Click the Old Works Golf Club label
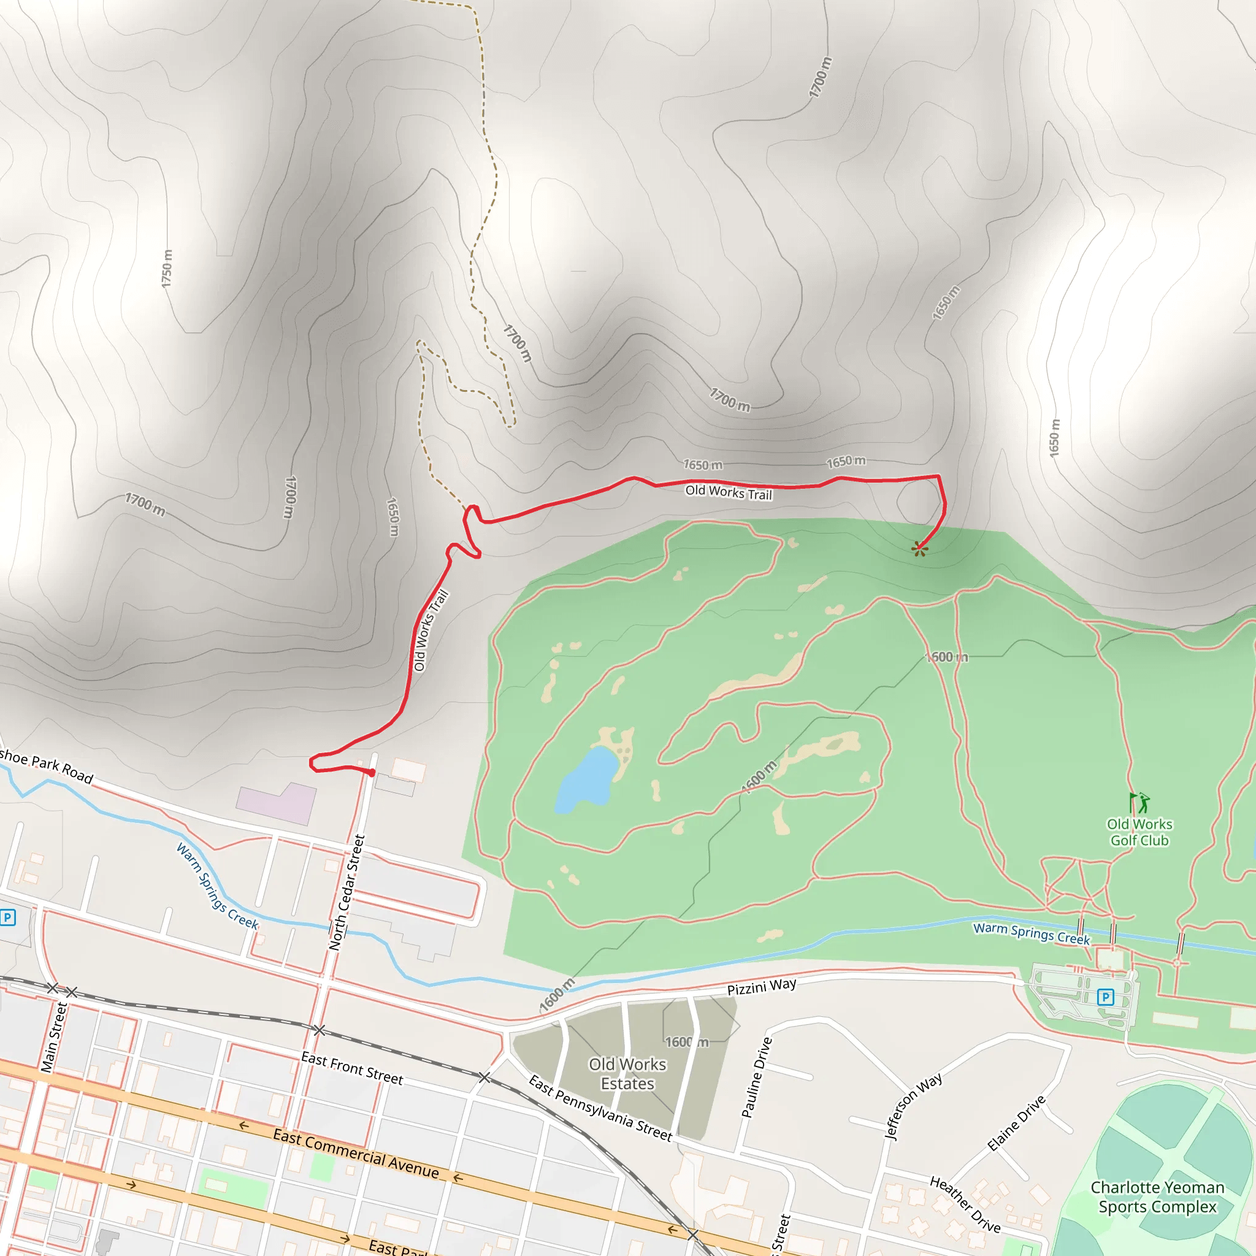tap(1139, 832)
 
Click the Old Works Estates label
tap(627, 1073)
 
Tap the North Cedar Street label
tap(347, 892)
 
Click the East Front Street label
tap(351, 1068)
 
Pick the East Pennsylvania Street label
tap(599, 1108)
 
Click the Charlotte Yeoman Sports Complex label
tap(1157, 1197)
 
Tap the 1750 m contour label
tap(167, 269)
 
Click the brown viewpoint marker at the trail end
tap(919, 549)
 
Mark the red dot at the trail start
tap(372, 773)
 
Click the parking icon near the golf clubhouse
tap(1105, 997)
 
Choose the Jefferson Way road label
tap(913, 1106)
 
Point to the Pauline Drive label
tap(757, 1077)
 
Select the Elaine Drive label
tap(1016, 1123)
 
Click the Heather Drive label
tap(965, 1204)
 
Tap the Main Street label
tap(54, 1036)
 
